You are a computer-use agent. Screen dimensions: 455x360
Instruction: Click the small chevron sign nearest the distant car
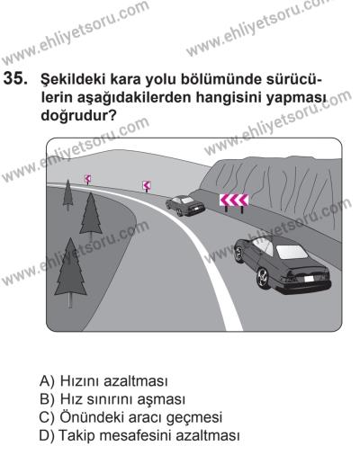[x=146, y=186]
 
